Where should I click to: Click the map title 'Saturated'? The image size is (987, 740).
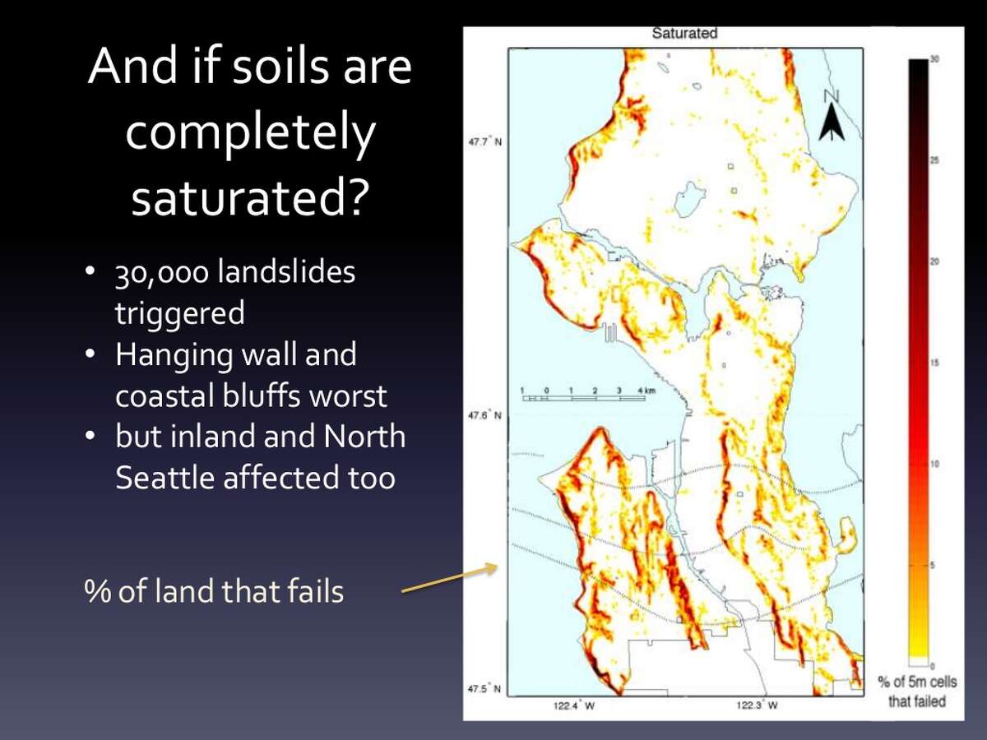pos(684,34)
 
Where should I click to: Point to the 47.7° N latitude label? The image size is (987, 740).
pos(485,142)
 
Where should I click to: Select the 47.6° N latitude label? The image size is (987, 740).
pos(485,415)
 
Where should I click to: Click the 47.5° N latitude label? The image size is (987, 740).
pos(485,688)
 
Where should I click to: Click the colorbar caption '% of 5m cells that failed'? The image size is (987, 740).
pos(916,691)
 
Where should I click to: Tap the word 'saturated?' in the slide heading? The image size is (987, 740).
pos(248,198)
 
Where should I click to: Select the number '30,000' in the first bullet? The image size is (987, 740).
pos(162,272)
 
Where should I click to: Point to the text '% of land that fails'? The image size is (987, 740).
pos(214,591)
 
